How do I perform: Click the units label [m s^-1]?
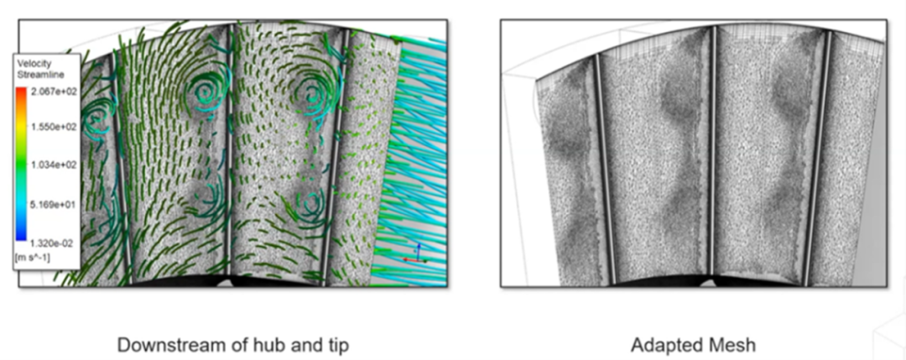[x=32, y=258]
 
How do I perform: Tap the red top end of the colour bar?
[x=21, y=91]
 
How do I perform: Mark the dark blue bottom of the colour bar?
[x=21, y=236]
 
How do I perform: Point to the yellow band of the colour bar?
[x=21, y=128]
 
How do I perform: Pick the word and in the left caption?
[x=294, y=346]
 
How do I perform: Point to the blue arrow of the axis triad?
[x=419, y=251]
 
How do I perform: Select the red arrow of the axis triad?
[x=410, y=260]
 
